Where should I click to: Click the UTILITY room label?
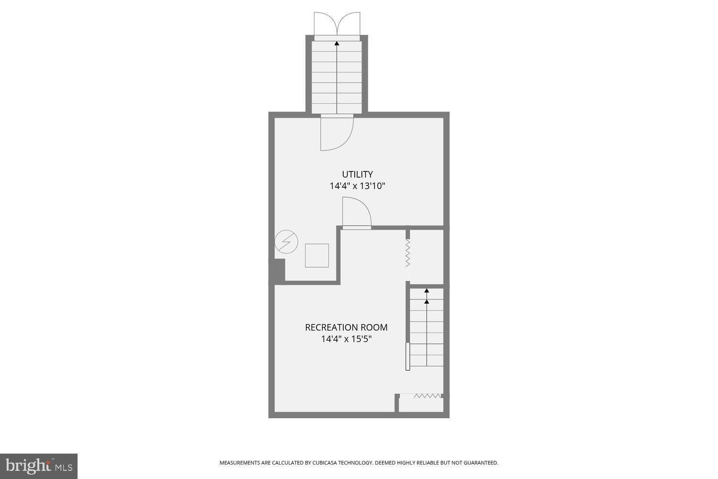[x=357, y=174]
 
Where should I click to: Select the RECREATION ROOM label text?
[x=346, y=328]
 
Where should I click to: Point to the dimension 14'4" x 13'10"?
[x=357, y=186]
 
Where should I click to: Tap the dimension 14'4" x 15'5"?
[x=346, y=339]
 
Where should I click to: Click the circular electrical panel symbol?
[x=286, y=242]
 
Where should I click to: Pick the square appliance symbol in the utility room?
[x=317, y=255]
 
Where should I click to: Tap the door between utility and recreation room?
[x=357, y=214]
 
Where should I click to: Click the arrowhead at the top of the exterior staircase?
[x=337, y=43]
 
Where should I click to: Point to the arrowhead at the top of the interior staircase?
[x=426, y=291]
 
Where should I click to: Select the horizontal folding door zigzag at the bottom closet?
[x=427, y=396]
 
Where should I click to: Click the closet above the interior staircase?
[x=427, y=257]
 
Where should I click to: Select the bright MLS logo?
[x=39, y=466]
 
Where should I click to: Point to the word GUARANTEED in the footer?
[x=481, y=463]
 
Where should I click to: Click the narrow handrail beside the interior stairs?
[x=408, y=356]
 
